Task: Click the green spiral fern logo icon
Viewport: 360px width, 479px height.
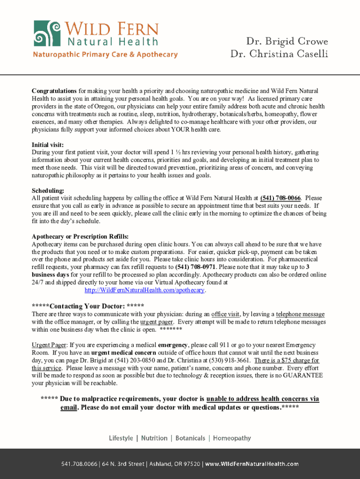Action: click(47, 34)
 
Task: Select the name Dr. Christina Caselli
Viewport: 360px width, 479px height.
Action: click(279, 54)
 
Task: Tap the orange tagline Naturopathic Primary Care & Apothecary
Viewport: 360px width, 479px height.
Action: click(105, 55)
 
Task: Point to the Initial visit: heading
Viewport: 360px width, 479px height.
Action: click(48, 145)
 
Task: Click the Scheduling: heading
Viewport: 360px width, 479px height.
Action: click(48, 191)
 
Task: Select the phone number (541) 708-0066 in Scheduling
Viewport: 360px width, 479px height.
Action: click(280, 198)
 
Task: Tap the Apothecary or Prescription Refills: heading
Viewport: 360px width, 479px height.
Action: click(80, 237)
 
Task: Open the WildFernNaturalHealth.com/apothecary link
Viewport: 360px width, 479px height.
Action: click(144, 290)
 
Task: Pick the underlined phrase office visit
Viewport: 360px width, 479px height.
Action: click(226, 314)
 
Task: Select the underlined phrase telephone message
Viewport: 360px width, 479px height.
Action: click(300, 314)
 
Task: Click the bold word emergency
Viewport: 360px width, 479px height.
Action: click(173, 345)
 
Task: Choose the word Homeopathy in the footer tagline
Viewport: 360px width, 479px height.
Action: click(232, 438)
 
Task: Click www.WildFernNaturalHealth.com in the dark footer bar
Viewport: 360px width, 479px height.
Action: click(252, 464)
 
